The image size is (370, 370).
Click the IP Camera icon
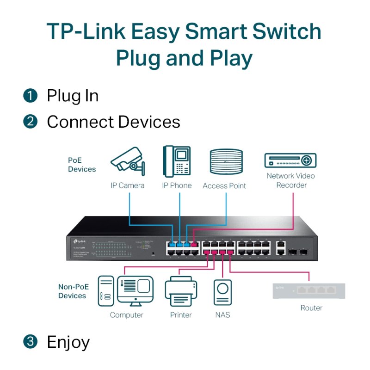pyautogui.click(x=127, y=161)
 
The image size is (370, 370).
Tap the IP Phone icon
pyautogui.click(x=177, y=161)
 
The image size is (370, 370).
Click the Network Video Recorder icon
pyautogui.click(x=290, y=160)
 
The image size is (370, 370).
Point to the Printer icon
pyautogui.click(x=181, y=291)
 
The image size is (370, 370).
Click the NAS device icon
pyautogui.click(x=222, y=293)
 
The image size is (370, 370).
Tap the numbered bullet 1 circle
pyautogui.click(x=30, y=96)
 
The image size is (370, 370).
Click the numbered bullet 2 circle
pyautogui.click(x=30, y=122)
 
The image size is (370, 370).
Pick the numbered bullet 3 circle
pyautogui.click(x=30, y=342)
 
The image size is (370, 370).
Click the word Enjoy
pyautogui.click(x=68, y=343)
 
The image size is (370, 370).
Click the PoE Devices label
pyautogui.click(x=82, y=165)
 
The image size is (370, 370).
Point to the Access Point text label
pyautogui.click(x=224, y=186)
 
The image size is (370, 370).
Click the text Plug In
pyautogui.click(x=73, y=96)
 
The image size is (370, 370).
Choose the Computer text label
pyautogui.click(x=126, y=315)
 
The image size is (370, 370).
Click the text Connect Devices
pyautogui.click(x=113, y=122)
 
